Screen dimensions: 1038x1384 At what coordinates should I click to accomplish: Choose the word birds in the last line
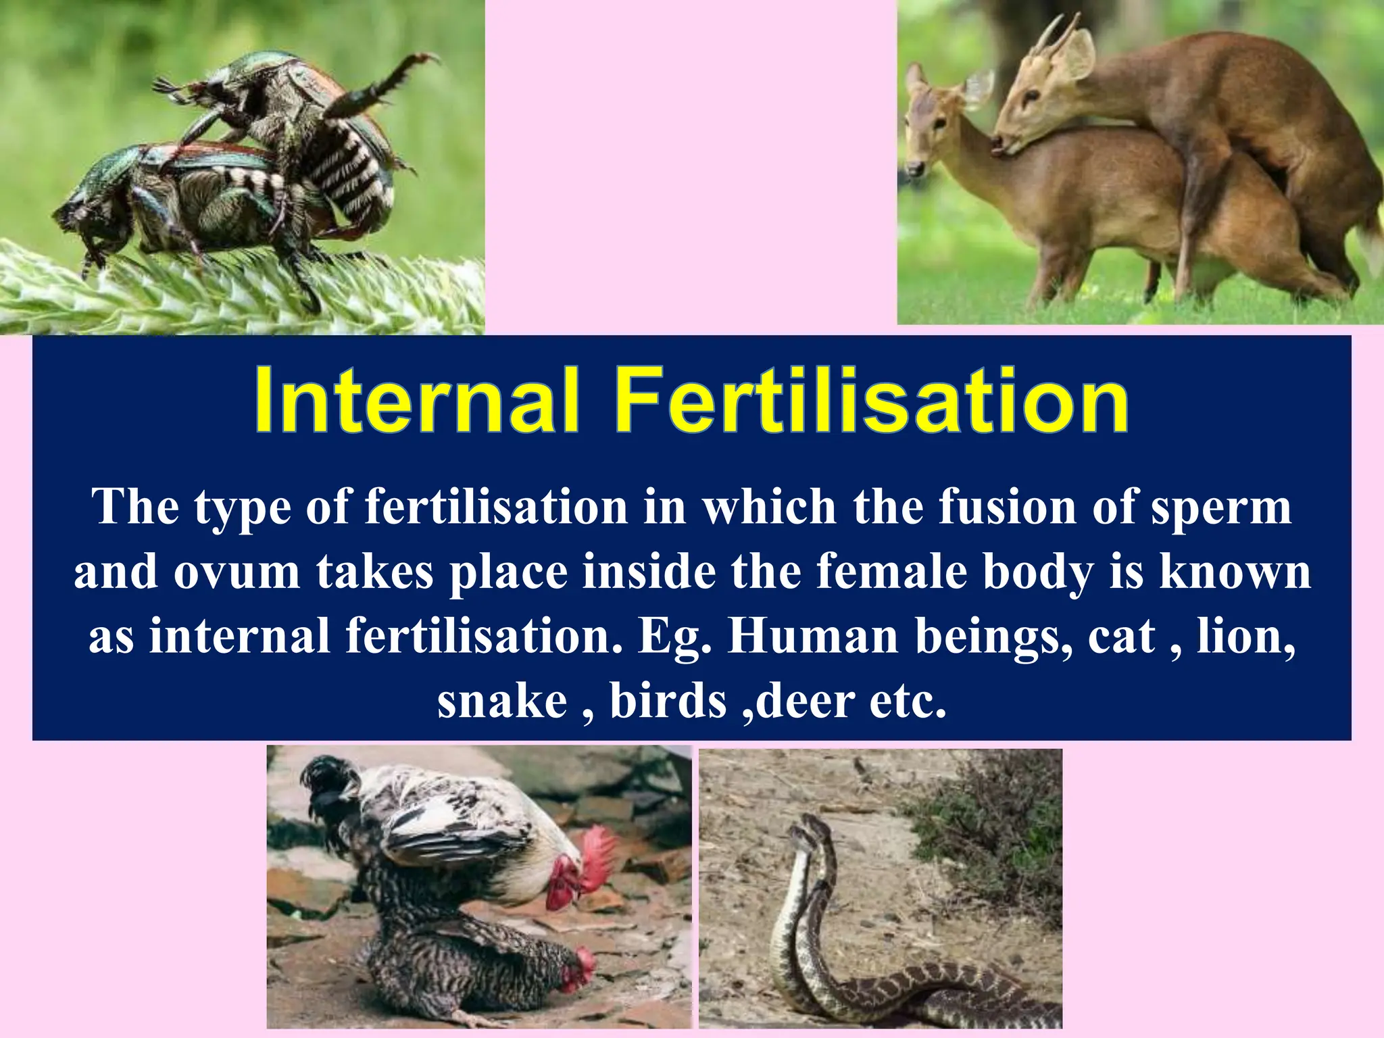(668, 701)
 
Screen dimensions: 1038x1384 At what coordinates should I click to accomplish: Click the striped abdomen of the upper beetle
(351, 169)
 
